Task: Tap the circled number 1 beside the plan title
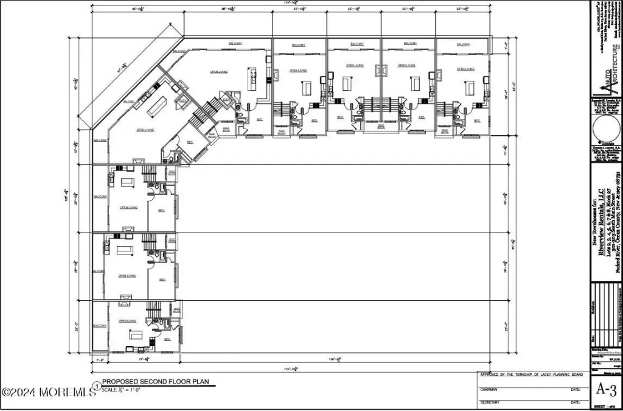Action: pyautogui.click(x=96, y=385)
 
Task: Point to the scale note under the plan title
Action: pyautogui.click(x=122, y=390)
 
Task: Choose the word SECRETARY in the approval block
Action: pyautogui.click(x=493, y=403)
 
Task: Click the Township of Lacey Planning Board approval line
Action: pyautogui.click(x=533, y=375)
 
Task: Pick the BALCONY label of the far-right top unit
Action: pyautogui.click(x=463, y=44)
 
